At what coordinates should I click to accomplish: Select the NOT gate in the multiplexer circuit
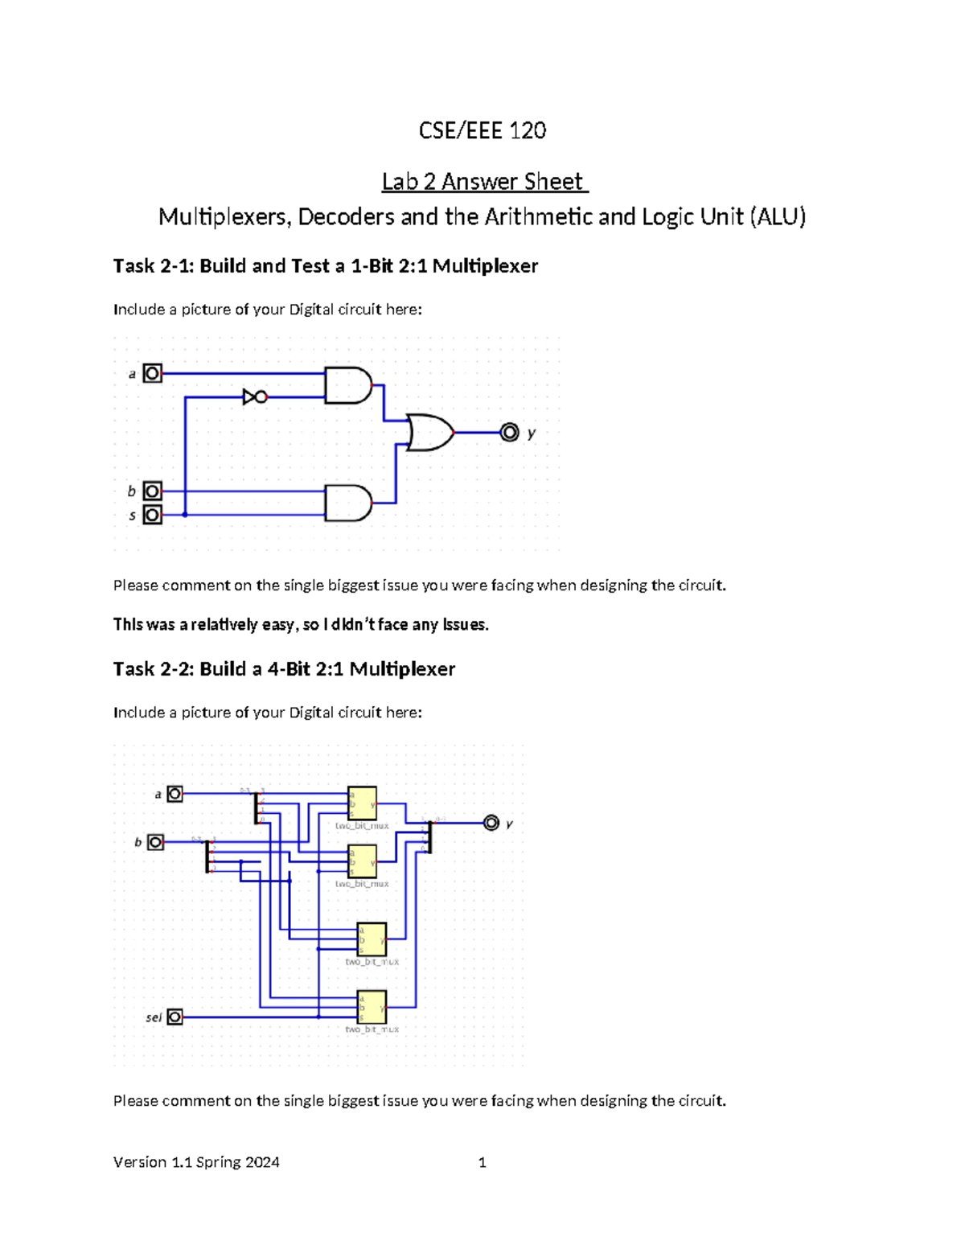tap(254, 396)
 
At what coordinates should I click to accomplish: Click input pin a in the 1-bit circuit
tap(152, 373)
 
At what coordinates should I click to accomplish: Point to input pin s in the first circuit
tap(152, 515)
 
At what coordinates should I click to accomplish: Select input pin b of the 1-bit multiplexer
tap(152, 491)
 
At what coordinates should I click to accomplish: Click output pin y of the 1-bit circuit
tap(509, 433)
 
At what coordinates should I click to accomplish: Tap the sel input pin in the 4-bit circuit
tap(175, 1017)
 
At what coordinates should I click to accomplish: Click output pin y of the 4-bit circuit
tap(491, 823)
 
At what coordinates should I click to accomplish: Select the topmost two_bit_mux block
tap(362, 803)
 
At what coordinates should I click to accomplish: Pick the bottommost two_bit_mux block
tap(372, 1007)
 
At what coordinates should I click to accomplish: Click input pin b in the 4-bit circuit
tap(156, 842)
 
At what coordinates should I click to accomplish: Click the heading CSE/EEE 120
tap(482, 130)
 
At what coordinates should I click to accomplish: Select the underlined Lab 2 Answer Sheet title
tap(484, 181)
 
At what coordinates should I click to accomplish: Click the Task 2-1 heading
tap(325, 265)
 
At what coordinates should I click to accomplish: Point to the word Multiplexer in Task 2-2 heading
tap(402, 669)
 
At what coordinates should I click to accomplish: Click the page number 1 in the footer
tap(482, 1162)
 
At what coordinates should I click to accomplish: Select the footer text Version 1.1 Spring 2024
tap(196, 1162)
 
